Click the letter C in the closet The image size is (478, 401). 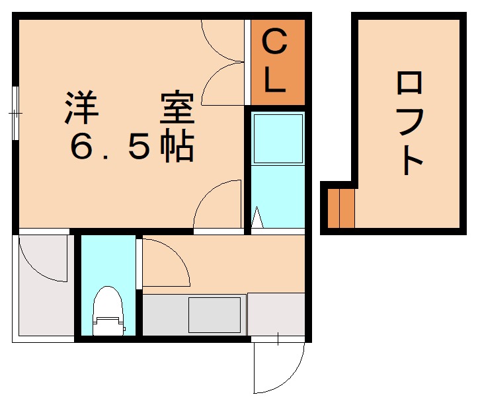[x=276, y=44]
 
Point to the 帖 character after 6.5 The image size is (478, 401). [x=178, y=147]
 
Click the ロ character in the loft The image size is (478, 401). [x=410, y=86]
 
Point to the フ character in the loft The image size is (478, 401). [x=410, y=122]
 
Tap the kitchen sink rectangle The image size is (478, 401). [x=215, y=315]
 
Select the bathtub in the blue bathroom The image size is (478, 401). [x=278, y=138]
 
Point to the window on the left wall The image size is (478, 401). [x=15, y=113]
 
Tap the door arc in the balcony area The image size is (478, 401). [x=41, y=258]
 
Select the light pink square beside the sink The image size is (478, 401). [x=276, y=314]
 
